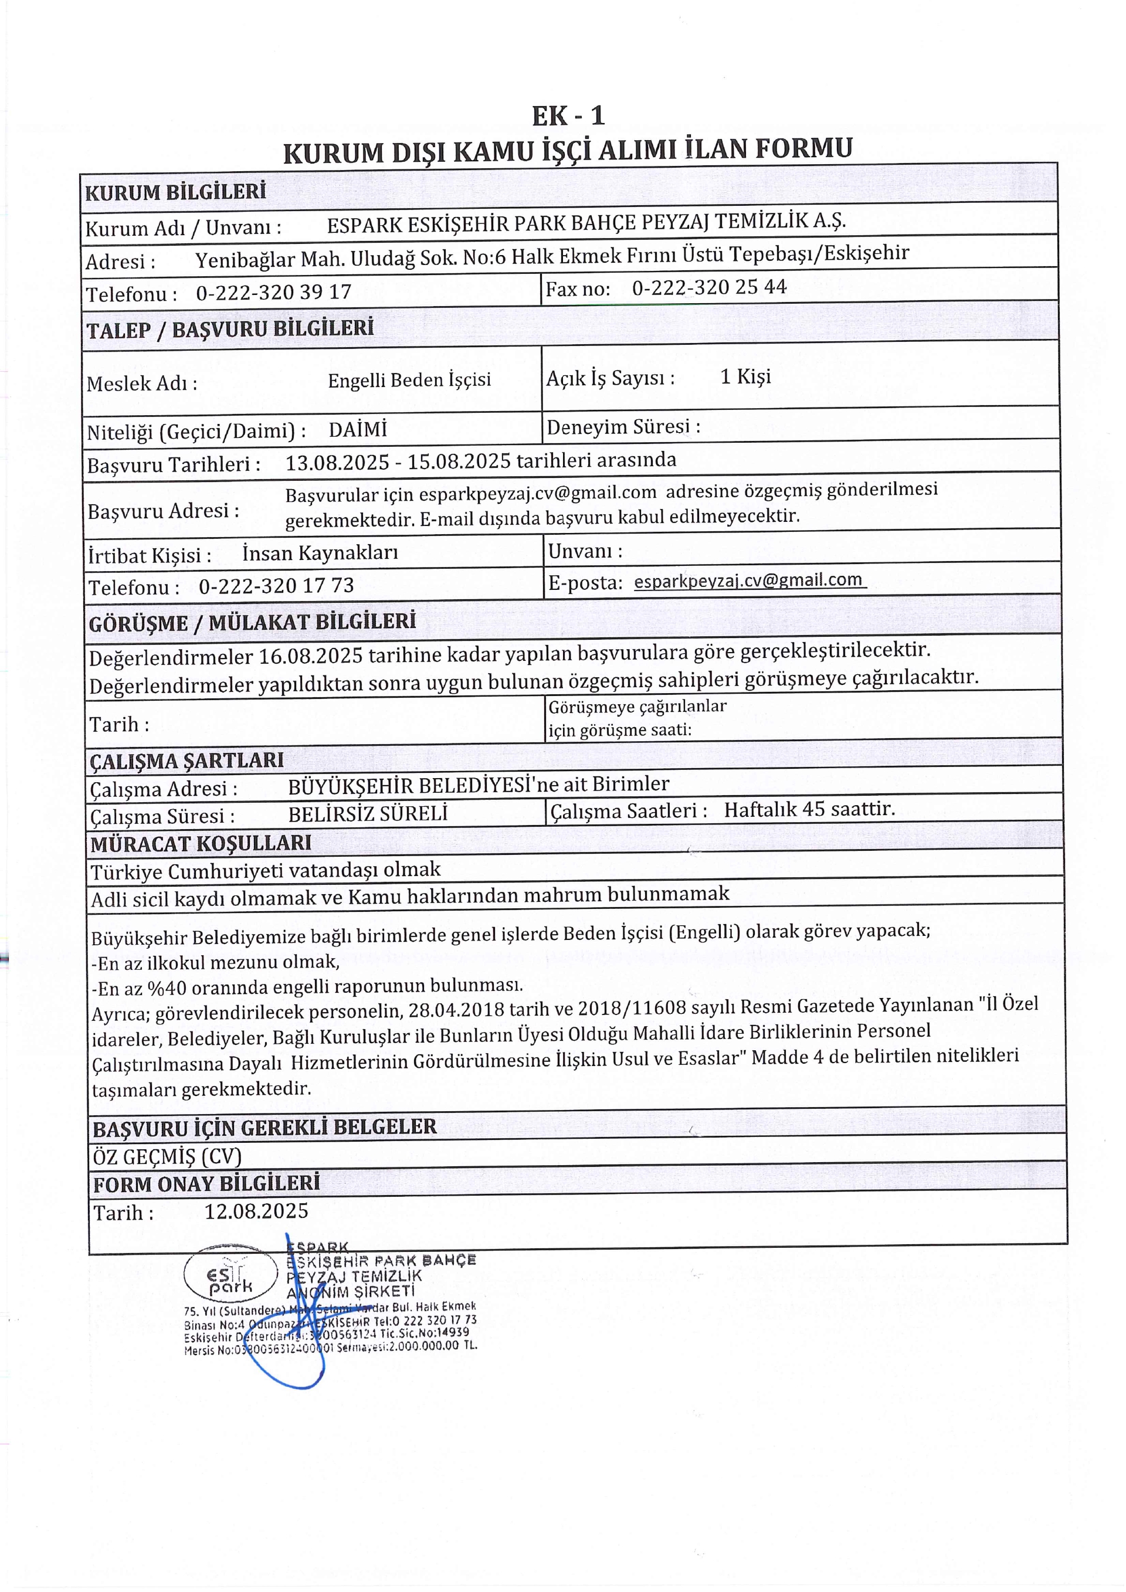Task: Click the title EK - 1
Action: pyautogui.click(x=568, y=115)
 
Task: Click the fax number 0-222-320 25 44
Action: pyautogui.click(x=708, y=287)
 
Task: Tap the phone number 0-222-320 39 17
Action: pyautogui.click(x=274, y=292)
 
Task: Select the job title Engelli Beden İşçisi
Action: pyautogui.click(x=409, y=380)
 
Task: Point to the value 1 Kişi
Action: pyautogui.click(x=745, y=376)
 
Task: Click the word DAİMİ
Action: pyautogui.click(x=358, y=429)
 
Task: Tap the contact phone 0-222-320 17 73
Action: pyautogui.click(x=276, y=586)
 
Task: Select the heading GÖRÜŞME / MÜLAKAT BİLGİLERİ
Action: pyautogui.click(x=252, y=622)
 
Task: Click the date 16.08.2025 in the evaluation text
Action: pyautogui.click(x=312, y=655)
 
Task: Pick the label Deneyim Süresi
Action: pyautogui.click(x=623, y=426)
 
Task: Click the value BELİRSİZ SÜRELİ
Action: pyautogui.click(x=368, y=813)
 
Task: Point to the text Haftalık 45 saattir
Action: pyautogui.click(x=809, y=809)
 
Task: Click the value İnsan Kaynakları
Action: pyautogui.click(x=320, y=552)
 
